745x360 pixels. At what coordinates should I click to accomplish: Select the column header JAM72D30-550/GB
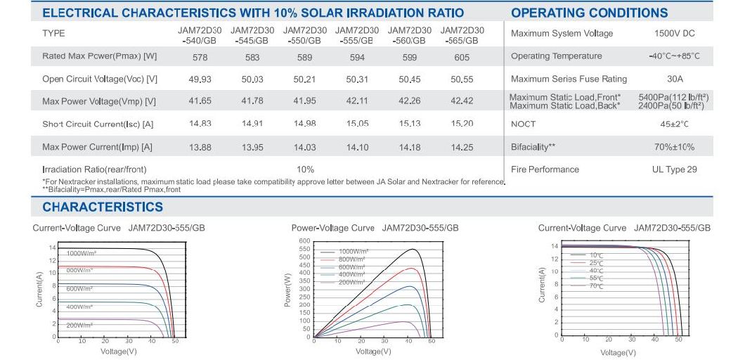coord(304,36)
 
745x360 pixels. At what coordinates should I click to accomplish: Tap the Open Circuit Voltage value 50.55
coord(462,79)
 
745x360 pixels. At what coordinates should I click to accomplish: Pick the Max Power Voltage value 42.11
coord(357,101)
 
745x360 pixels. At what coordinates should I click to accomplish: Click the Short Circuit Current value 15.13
coord(409,124)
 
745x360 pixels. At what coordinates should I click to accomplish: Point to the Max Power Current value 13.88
coord(199,147)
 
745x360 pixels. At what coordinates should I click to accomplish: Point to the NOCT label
coord(523,124)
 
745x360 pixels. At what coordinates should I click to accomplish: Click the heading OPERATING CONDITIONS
coord(589,13)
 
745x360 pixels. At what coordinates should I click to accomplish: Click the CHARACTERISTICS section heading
coord(103,207)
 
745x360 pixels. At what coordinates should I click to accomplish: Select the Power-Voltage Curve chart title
coord(332,228)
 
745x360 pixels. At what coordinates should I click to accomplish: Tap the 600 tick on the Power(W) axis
coord(304,241)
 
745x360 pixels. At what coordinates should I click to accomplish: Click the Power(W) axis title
coord(287,290)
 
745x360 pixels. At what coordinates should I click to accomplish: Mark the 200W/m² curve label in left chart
coord(80,326)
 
